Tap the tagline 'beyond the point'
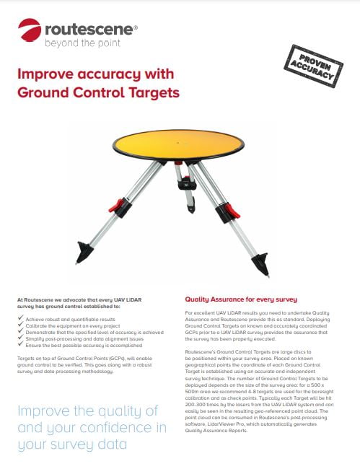78,43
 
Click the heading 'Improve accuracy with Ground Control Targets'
97,83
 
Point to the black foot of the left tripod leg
84,252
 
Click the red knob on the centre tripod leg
183,175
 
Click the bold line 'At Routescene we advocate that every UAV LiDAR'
80,298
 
